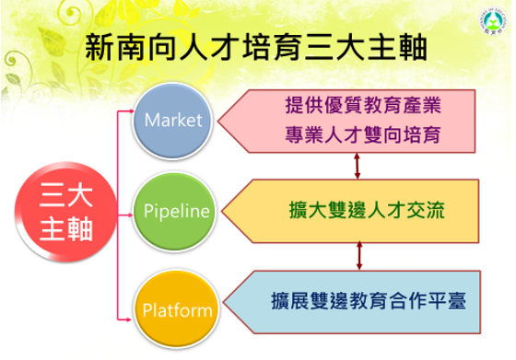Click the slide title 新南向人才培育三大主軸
pyautogui.click(x=256, y=47)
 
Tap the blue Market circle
pyautogui.click(x=172, y=122)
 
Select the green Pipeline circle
pyautogui.click(x=174, y=212)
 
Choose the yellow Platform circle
pyautogui.click(x=177, y=309)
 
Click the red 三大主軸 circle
pyautogui.click(x=65, y=212)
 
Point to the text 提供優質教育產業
pyautogui.click(x=363, y=106)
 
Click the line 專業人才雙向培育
pyautogui.click(x=363, y=134)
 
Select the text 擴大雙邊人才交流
pyautogui.click(x=367, y=210)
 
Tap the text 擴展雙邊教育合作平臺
pyautogui.click(x=369, y=300)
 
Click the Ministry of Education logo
pyautogui.click(x=492, y=20)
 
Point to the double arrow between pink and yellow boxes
pyautogui.click(x=358, y=166)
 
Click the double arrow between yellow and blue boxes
pyautogui.click(x=359, y=256)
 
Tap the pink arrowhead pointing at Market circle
pyautogui.click(x=131, y=111)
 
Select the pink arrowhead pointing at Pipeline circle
pyautogui.click(x=130, y=215)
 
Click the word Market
pyautogui.click(x=173, y=120)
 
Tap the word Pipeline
pyautogui.click(x=177, y=212)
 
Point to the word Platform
pyautogui.click(x=177, y=310)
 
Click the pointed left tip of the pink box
pyautogui.click(x=218, y=121)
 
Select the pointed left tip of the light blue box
pyautogui.click(x=223, y=302)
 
